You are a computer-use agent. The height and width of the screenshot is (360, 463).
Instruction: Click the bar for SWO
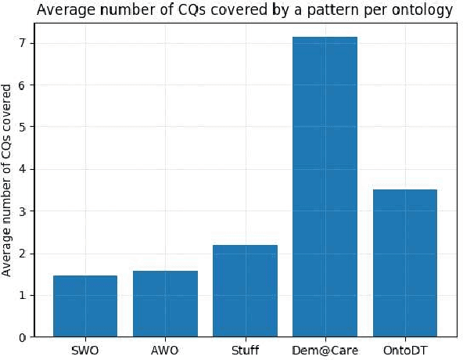click(85, 306)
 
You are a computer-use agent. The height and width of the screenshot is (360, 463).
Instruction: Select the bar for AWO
click(165, 304)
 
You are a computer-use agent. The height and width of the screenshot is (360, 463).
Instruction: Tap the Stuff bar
click(245, 290)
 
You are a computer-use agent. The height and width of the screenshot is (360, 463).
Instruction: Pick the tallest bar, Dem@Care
click(325, 187)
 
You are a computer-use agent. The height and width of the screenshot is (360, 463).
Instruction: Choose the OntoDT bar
click(404, 263)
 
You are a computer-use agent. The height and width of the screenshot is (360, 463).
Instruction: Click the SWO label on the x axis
click(85, 350)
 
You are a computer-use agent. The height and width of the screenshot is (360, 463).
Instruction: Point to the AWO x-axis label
click(165, 350)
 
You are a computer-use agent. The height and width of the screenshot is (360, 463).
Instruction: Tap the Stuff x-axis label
click(245, 350)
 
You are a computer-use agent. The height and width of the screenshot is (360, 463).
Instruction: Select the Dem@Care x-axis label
click(325, 350)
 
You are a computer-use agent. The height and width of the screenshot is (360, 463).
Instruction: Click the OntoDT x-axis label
click(404, 350)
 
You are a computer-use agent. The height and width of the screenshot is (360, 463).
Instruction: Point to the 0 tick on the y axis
click(23, 337)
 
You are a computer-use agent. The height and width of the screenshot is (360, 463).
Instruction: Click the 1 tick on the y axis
click(23, 295)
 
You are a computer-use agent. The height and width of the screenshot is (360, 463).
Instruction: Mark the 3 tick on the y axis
click(23, 211)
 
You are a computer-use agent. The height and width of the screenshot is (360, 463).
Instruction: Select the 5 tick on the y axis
click(23, 127)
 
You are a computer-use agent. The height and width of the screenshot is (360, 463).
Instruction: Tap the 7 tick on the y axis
click(23, 43)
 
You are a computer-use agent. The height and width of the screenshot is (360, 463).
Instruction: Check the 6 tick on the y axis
click(23, 85)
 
